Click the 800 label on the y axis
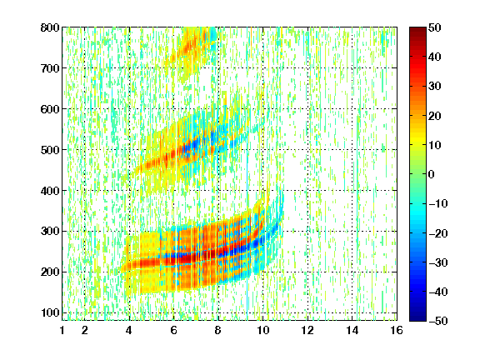tap(50, 27)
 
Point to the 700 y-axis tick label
tap(50, 68)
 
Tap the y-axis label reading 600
tap(50, 109)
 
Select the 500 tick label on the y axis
tap(50, 150)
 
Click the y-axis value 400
tap(50, 191)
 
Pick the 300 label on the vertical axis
tap(50, 232)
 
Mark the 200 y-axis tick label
tap(50, 272)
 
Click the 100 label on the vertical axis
tap(50, 312)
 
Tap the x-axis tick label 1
tap(62, 330)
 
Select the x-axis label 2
tap(85, 330)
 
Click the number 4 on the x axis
tap(129, 330)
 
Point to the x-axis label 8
tap(218, 330)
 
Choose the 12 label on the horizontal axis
tap(307, 330)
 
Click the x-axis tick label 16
tap(397, 330)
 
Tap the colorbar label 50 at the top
tap(435, 27)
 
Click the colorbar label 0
tap(432, 174)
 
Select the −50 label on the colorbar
tap(438, 321)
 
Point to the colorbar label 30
tap(435, 87)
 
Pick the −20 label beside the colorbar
tap(438, 233)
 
